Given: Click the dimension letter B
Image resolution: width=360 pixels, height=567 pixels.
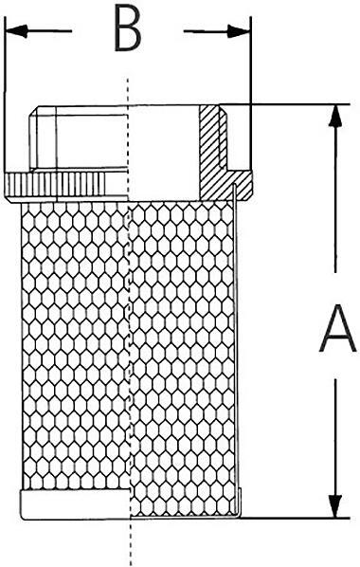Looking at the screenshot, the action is [127, 28].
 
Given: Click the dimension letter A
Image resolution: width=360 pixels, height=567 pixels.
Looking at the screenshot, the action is [336, 327].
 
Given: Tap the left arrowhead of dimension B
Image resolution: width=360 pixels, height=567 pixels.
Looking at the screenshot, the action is [17, 31].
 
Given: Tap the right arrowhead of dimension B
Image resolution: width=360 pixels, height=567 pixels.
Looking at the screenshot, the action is [239, 31].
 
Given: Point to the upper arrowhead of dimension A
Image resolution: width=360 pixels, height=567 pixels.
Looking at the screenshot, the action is [335, 116].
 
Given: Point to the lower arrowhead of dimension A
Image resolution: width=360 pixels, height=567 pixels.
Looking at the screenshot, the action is [335, 506].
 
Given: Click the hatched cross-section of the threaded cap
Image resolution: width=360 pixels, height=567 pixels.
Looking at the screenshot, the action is [225, 153].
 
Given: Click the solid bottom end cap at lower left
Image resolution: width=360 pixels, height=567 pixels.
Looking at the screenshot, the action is [75, 504].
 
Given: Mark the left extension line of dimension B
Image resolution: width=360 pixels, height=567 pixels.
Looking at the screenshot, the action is [5, 94].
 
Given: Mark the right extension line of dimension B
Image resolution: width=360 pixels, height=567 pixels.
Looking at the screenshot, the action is [251, 94].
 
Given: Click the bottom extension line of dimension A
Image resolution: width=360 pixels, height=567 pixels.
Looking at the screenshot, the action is [295, 519].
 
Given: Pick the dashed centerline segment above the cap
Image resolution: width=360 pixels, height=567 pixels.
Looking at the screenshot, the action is [128, 91].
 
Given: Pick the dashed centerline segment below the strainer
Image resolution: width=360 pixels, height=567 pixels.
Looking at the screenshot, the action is [131, 542].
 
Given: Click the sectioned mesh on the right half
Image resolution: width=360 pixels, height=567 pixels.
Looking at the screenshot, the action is [182, 358].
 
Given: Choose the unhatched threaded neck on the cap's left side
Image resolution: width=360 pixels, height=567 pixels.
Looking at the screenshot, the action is [79, 137].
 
